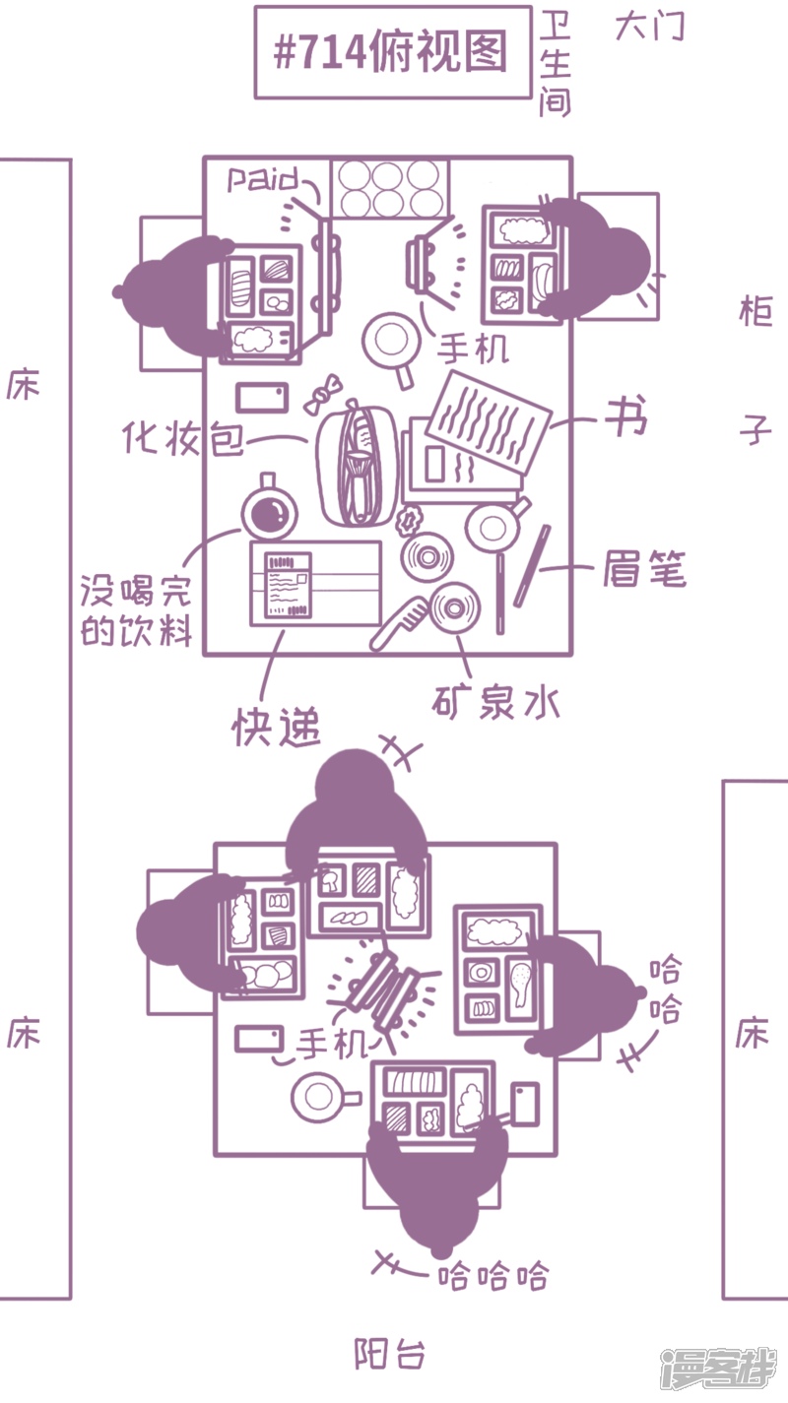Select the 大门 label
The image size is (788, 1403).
click(649, 28)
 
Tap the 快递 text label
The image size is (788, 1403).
click(277, 727)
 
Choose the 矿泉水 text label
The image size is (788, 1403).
click(496, 701)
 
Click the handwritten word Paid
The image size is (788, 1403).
click(263, 179)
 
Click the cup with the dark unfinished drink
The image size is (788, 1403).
click(269, 512)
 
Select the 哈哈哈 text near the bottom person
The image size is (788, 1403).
click(492, 1277)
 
